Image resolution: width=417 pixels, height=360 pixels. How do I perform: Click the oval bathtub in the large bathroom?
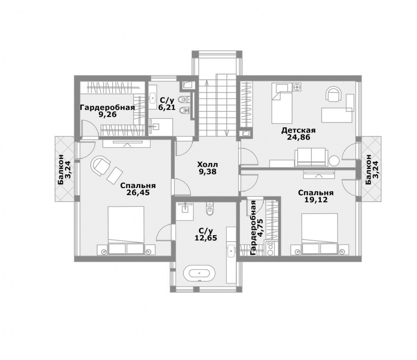coord(199,273)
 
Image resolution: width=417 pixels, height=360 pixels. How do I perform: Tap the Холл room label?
coord(207,164)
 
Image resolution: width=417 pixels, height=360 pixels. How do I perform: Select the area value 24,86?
coord(299,137)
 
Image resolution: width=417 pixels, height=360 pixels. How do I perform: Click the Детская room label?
coord(299,130)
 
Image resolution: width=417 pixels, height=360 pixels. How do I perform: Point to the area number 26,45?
coord(138,193)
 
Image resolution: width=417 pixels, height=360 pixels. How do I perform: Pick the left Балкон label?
coord(60,170)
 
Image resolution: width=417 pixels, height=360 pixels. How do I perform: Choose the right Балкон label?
coord(368,169)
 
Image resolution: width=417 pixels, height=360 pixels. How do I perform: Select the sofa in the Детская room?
coord(310,157)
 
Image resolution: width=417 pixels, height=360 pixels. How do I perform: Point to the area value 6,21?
coord(167,107)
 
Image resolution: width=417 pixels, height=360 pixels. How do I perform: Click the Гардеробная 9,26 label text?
coord(107,111)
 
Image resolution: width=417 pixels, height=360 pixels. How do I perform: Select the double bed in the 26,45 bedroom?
coord(126,230)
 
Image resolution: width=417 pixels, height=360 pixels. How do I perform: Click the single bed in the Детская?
coord(282,103)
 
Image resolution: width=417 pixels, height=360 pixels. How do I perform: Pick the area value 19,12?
coord(316,200)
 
